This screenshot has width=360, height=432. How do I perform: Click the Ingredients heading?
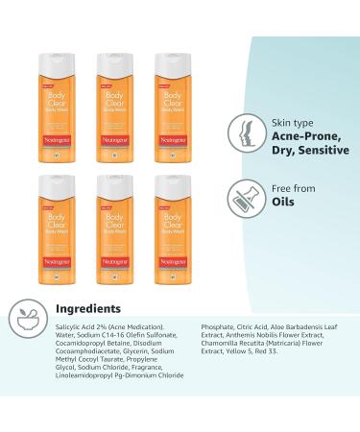[88, 308]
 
